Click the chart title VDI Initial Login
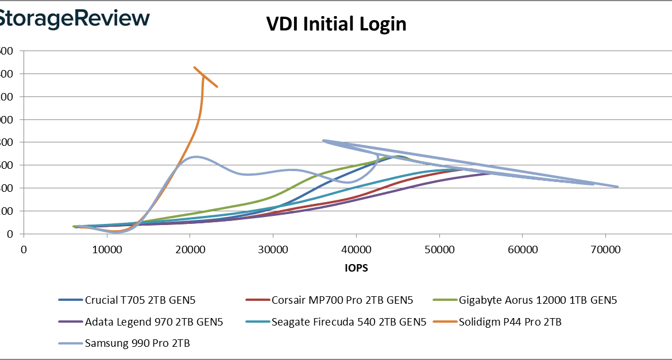click(336, 24)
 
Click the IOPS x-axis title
click(357, 268)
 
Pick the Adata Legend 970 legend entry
click(141, 322)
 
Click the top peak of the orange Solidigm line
click(195, 67)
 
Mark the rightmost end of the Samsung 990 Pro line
click(617, 187)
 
